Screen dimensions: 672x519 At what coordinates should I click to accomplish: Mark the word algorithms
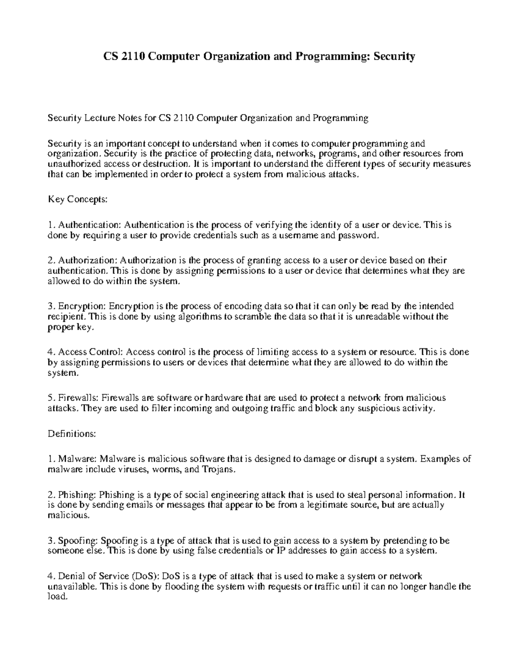[201, 317]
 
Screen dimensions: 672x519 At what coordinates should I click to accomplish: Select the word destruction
[166, 164]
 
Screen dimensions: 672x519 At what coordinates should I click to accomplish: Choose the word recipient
[63, 317]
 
